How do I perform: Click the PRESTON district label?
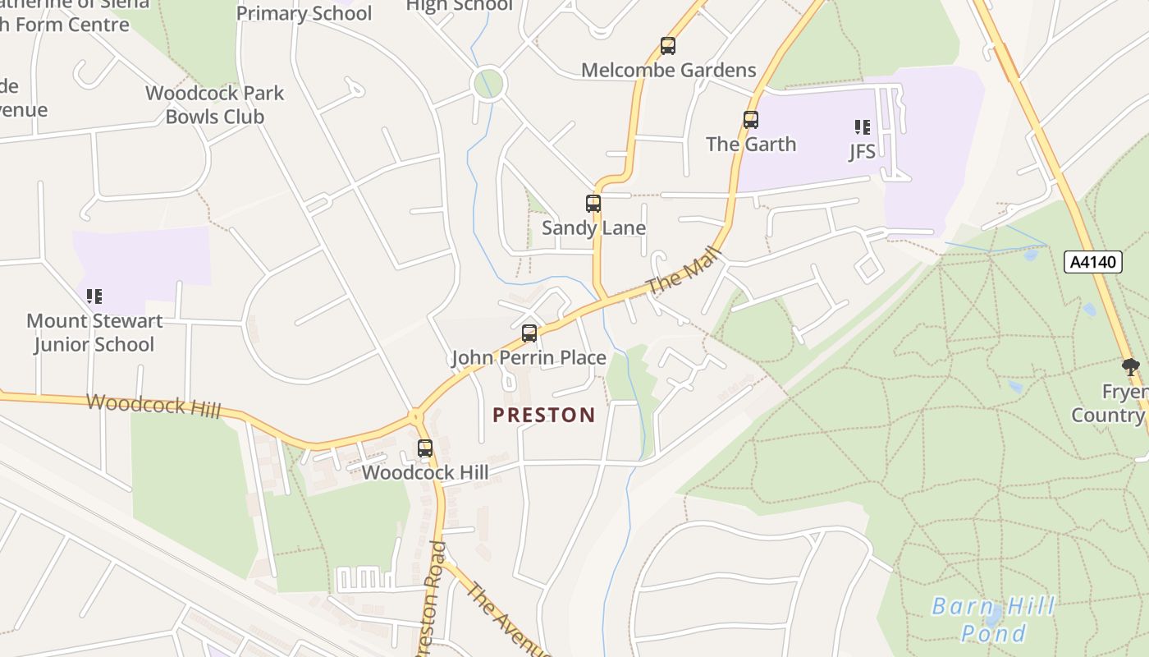[543, 415]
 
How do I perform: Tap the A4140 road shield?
[1093, 262]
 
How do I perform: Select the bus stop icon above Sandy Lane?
[593, 203]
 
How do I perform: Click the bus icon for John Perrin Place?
[529, 333]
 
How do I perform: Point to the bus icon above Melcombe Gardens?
[668, 46]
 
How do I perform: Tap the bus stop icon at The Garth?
[751, 120]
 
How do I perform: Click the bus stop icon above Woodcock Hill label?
[424, 448]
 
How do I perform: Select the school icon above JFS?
[862, 126]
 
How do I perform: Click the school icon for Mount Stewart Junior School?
[94, 296]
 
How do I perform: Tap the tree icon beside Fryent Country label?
[1130, 366]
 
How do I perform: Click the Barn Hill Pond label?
[993, 620]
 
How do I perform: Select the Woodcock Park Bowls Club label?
[214, 105]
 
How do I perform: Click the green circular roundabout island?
[488, 83]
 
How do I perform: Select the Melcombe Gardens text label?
[668, 70]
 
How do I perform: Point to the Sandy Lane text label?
[593, 227]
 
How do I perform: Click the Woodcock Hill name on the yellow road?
[153, 404]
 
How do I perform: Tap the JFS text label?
[862, 151]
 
